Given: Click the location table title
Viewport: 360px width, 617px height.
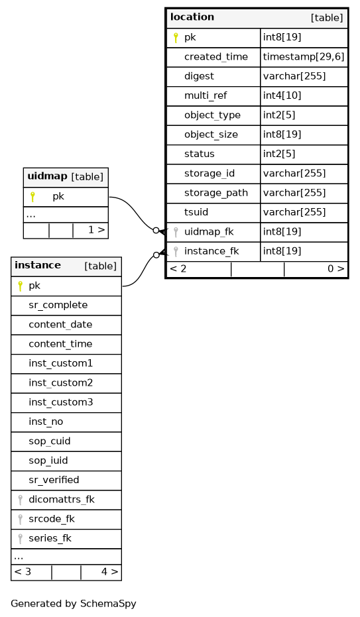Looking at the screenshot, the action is click(x=192, y=17).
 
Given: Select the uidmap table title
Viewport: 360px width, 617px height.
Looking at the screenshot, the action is click(x=47, y=176).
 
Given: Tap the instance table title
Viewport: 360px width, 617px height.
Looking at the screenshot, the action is click(x=38, y=265).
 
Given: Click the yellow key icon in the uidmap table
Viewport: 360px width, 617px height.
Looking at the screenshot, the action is click(x=32, y=197).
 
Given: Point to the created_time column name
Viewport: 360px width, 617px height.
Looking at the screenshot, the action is click(x=216, y=57).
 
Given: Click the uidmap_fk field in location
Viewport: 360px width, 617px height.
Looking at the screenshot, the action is click(x=209, y=232).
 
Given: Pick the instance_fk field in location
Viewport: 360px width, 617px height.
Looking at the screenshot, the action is click(x=211, y=251).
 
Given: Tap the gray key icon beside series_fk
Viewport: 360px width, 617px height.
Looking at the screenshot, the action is click(x=20, y=538).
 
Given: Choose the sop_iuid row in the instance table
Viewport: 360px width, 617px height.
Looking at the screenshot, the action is click(x=66, y=461).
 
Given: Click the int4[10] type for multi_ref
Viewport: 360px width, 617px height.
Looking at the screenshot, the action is click(x=282, y=95).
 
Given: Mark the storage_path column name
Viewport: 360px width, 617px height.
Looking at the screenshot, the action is click(x=216, y=193).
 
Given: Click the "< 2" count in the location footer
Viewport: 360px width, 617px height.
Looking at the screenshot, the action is click(x=178, y=269).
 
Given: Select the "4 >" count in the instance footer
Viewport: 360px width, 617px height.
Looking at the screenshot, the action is click(x=109, y=572).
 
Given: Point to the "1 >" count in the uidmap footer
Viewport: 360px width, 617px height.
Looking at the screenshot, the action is click(x=96, y=230).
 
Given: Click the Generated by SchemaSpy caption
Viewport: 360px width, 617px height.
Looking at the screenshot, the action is click(x=74, y=604).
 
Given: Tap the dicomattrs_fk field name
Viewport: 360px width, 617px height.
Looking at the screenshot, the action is click(x=62, y=499).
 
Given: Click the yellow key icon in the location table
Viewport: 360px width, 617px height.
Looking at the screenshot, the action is click(x=176, y=38).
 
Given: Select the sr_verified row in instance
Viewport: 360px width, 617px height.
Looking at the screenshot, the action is click(x=66, y=480).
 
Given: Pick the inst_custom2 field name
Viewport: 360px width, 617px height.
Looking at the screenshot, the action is click(x=60, y=383).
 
